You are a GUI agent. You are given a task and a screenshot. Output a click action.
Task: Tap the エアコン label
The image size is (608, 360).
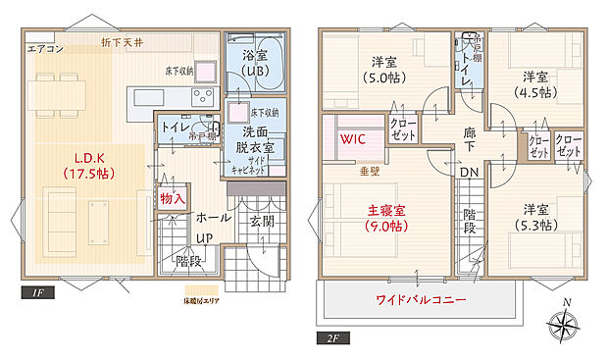tap(45, 48)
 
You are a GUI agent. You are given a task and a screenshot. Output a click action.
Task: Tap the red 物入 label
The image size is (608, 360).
tap(172, 198)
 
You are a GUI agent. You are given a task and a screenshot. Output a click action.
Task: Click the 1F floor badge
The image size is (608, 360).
tap(35, 292)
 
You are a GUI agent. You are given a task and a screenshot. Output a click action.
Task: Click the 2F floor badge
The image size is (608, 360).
tap(332, 338)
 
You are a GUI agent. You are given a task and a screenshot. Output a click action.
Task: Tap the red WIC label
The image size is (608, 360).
tap(354, 139)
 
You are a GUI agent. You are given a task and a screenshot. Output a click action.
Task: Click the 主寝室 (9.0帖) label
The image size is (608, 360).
tap(387, 218)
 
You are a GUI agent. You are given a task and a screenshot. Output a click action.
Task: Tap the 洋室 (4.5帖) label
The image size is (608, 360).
tap(533, 84)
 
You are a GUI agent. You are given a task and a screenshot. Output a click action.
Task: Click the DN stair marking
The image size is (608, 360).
tap(468, 173)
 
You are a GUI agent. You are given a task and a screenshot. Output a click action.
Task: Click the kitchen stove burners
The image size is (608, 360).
tap(203, 96)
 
